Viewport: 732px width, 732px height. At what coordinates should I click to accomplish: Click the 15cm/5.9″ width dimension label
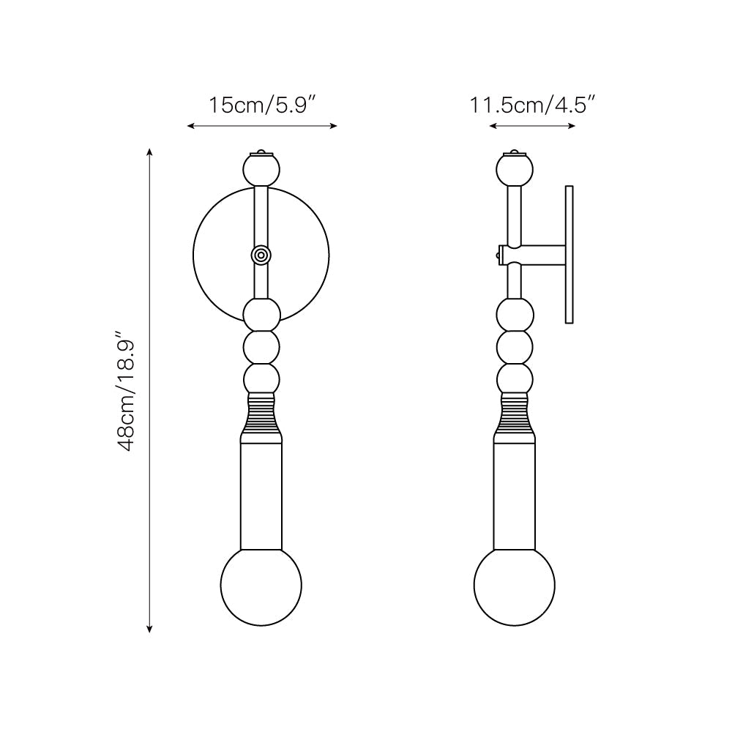pos(261,105)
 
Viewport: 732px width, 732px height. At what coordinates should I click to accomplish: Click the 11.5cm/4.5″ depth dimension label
pos(531,105)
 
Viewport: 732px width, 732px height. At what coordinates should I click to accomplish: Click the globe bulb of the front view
pos(261,586)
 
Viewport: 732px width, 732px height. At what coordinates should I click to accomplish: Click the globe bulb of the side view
pos(515,586)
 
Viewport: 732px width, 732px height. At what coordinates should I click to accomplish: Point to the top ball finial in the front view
pos(261,170)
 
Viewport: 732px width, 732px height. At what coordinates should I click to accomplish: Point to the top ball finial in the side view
pos(515,170)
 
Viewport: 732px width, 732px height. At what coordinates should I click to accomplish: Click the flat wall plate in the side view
pos(569,255)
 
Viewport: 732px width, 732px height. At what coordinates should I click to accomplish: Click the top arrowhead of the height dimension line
pos(150,151)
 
